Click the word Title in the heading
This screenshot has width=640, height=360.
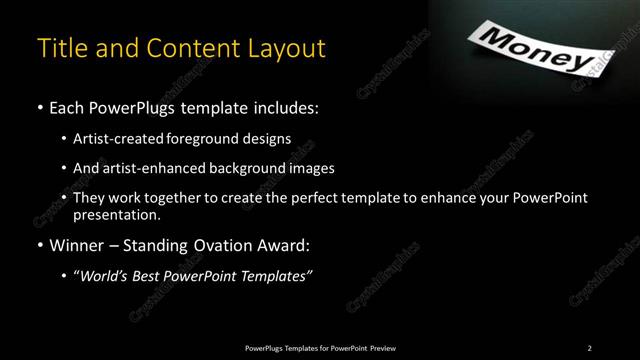(59, 48)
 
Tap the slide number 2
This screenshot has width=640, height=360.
(589, 347)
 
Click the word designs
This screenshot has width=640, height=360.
(268, 138)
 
